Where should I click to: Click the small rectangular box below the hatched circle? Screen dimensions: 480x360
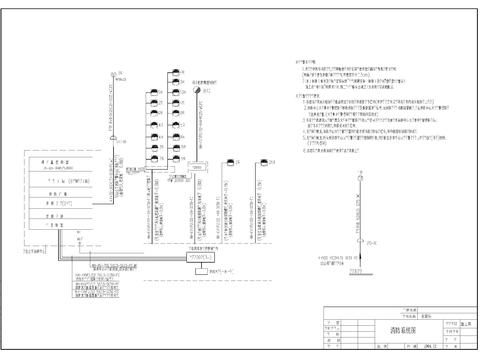point(198,166)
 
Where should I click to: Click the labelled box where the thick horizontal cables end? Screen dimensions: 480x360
point(201,255)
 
